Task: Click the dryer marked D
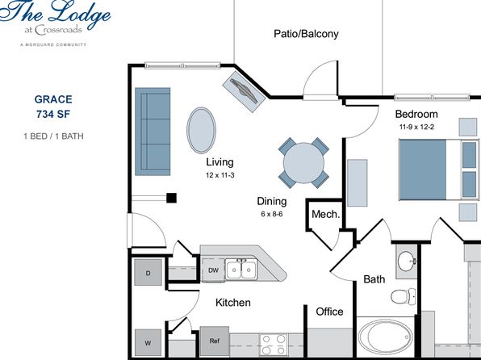(148, 273)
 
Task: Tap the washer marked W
(148, 342)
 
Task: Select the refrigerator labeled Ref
(215, 341)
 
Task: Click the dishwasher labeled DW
(214, 270)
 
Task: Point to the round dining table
(303, 163)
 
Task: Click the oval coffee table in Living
(201, 130)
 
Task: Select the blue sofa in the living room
(153, 132)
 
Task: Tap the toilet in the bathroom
(403, 296)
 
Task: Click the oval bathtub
(385, 337)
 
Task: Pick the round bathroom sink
(407, 262)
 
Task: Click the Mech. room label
(326, 214)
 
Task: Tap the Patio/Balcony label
(306, 33)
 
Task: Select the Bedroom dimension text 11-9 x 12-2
(416, 127)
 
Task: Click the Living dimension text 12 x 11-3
(220, 175)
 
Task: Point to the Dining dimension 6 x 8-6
(272, 214)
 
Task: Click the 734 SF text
(53, 114)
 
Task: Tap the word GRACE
(53, 99)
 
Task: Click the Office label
(329, 312)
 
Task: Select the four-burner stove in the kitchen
(274, 345)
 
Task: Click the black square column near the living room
(171, 198)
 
